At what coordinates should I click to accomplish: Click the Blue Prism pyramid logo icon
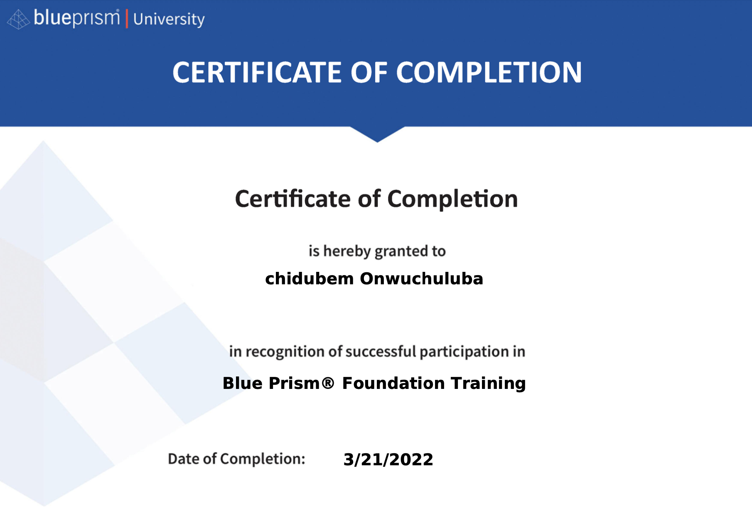(x=19, y=20)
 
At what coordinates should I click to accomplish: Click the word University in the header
(x=169, y=20)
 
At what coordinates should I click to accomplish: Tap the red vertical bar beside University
(x=127, y=20)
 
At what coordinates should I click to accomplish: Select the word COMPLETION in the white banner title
(x=489, y=73)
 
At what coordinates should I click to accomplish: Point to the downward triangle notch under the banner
(x=377, y=134)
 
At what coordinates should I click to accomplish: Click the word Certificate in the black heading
(x=293, y=199)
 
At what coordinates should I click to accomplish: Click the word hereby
(x=347, y=252)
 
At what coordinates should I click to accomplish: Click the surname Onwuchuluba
(x=422, y=279)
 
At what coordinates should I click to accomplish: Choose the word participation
(x=464, y=352)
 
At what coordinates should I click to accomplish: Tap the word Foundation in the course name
(x=393, y=383)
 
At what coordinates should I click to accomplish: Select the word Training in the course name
(x=489, y=384)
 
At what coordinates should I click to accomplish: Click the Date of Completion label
(x=236, y=459)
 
